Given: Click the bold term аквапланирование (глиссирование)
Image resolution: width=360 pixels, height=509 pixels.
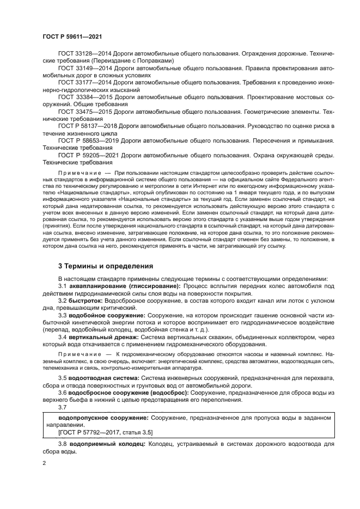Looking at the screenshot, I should pos(123,285).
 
